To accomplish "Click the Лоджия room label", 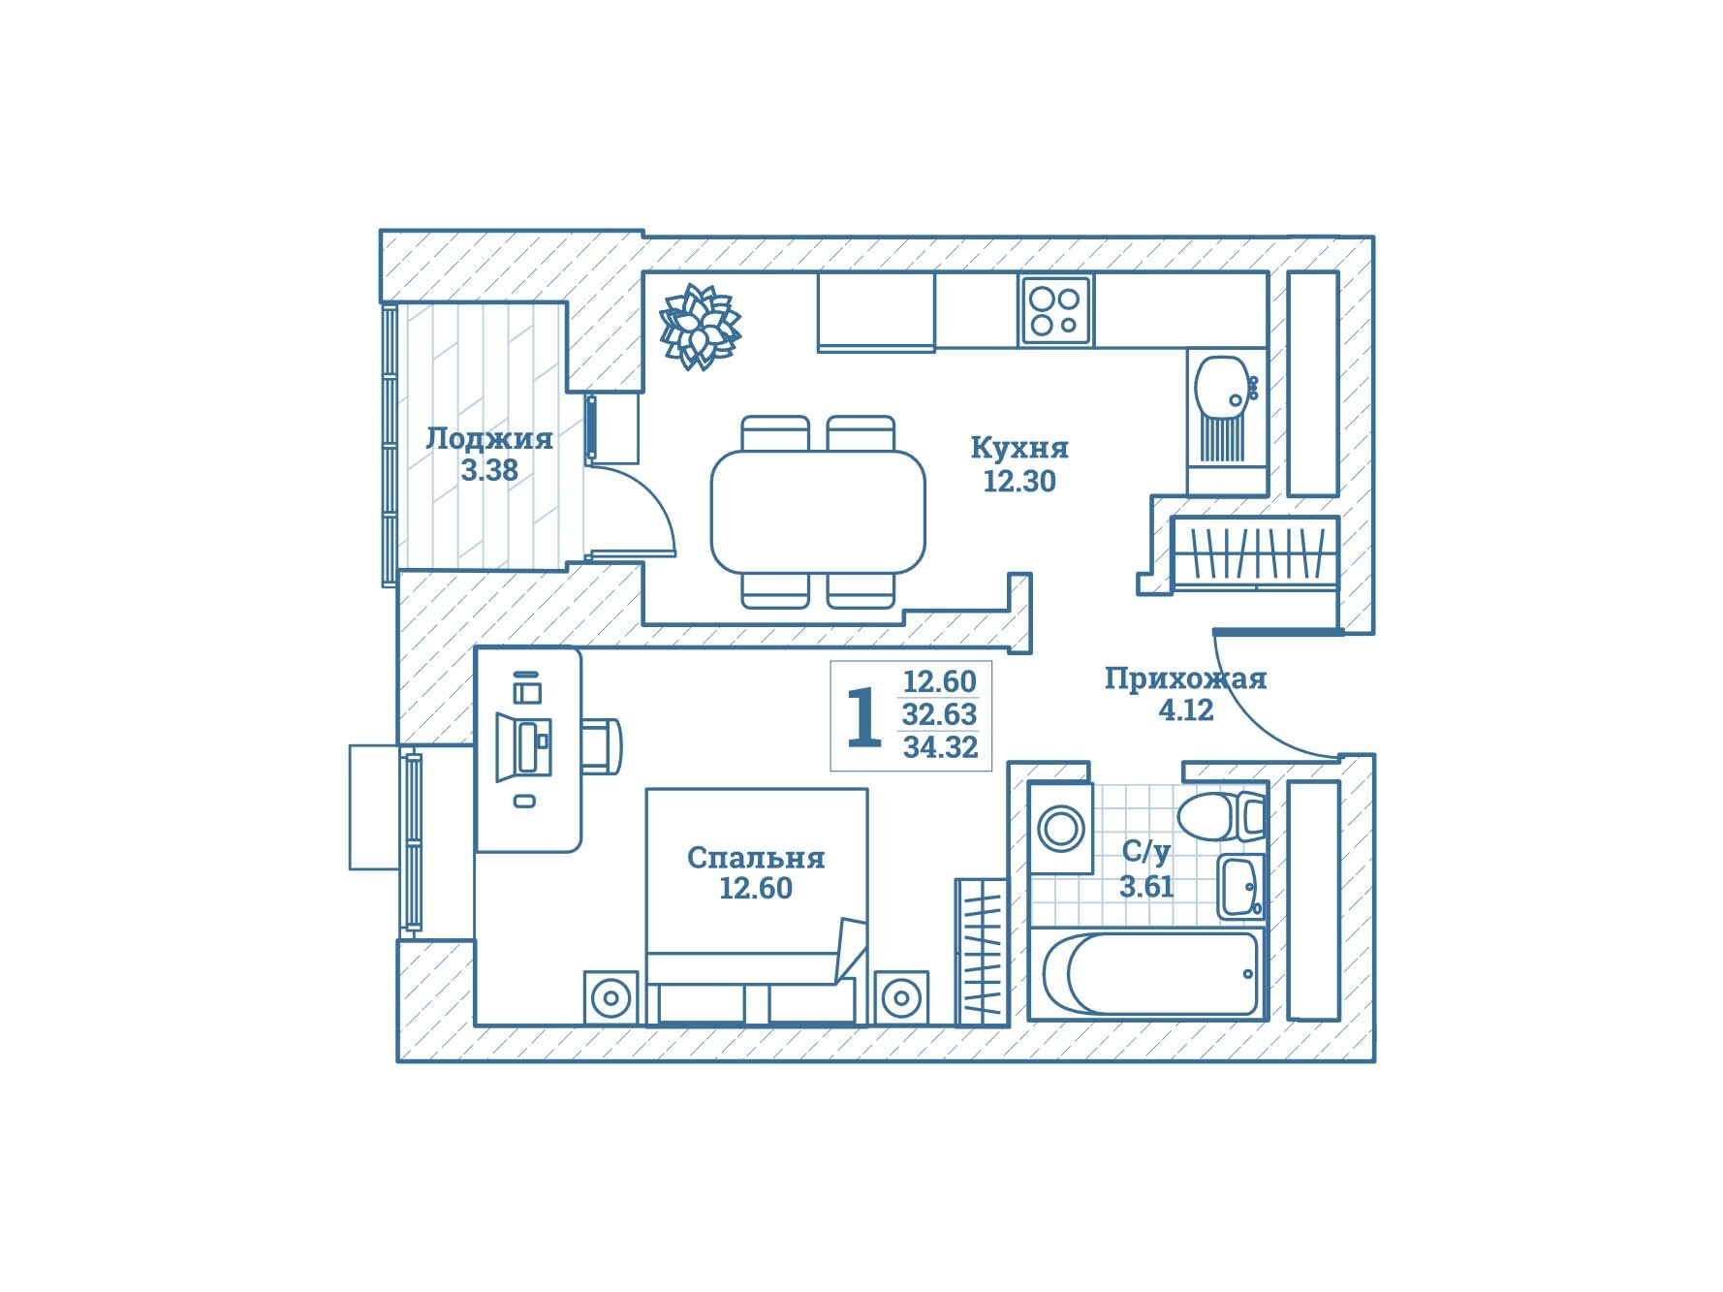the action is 489,439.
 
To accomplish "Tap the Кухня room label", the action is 1019,448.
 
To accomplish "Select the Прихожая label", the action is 1185,678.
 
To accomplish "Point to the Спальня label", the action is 756,858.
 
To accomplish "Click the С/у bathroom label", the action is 1146,852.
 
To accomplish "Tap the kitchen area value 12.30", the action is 1019,481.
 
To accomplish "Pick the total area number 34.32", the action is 940,747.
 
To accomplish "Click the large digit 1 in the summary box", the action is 864,717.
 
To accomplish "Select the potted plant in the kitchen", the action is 700,327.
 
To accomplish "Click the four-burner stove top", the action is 1055,310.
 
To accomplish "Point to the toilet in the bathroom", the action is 1220,816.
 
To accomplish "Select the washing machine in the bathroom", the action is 1061,828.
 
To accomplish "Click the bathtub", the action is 1146,972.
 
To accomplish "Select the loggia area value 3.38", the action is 489,470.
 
